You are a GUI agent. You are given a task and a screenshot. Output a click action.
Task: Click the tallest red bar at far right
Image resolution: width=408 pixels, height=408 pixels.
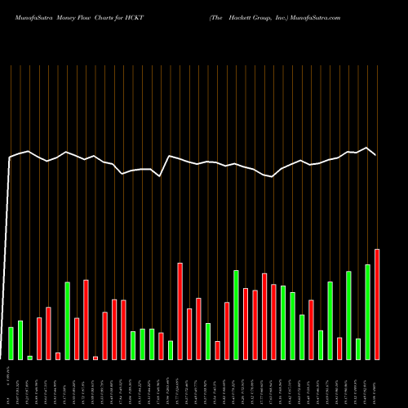point(377,304)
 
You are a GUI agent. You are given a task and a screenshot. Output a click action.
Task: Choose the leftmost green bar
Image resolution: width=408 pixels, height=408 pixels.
point(11,344)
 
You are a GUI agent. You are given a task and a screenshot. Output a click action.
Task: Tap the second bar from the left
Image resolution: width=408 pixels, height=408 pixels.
point(20,340)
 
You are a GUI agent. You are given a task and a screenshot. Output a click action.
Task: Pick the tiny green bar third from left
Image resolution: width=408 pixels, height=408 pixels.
point(30,357)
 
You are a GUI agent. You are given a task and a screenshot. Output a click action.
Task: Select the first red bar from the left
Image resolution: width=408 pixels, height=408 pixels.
point(39,339)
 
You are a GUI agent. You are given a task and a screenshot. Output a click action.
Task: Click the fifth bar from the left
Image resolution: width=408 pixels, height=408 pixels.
point(48,333)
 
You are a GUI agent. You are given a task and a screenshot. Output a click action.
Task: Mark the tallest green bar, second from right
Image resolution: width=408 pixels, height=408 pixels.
point(367,312)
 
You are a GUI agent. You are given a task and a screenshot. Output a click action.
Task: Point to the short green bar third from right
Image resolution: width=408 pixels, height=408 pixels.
point(358,349)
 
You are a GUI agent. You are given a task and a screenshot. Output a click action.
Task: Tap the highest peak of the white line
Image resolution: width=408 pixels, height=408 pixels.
point(367,148)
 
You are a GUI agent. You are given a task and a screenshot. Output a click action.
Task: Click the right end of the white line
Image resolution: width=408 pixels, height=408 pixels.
point(375,154)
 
